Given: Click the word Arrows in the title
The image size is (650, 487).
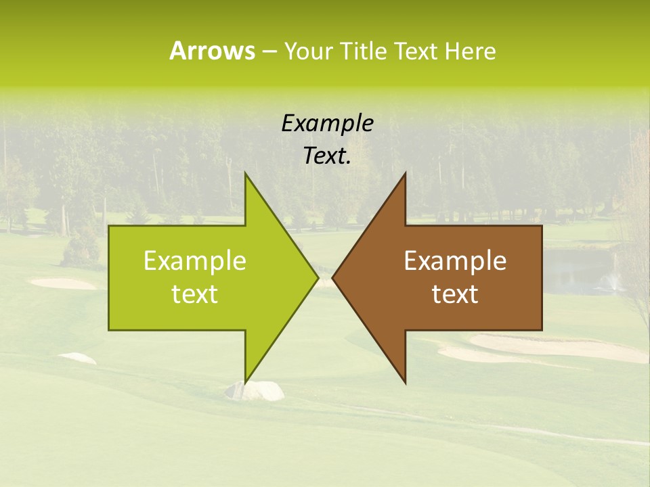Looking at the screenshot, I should [x=212, y=51].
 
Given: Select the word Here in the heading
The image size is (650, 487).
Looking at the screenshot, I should [x=470, y=51].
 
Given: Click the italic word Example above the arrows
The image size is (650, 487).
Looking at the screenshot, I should [x=327, y=124].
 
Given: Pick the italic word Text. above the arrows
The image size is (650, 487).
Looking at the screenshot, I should [x=327, y=156].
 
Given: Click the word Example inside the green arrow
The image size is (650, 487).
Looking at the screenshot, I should [x=194, y=261].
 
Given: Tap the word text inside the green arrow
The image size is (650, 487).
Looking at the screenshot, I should [x=194, y=294].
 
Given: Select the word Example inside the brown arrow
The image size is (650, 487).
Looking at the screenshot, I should [x=455, y=261].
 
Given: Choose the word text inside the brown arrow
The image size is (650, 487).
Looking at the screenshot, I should [x=455, y=294].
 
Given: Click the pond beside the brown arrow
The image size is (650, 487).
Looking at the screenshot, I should [x=576, y=271].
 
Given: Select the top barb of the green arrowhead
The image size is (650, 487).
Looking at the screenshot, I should [x=246, y=175].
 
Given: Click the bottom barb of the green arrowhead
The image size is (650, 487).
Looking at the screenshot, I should [x=246, y=381].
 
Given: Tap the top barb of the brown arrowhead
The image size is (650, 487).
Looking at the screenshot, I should [x=405, y=175].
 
